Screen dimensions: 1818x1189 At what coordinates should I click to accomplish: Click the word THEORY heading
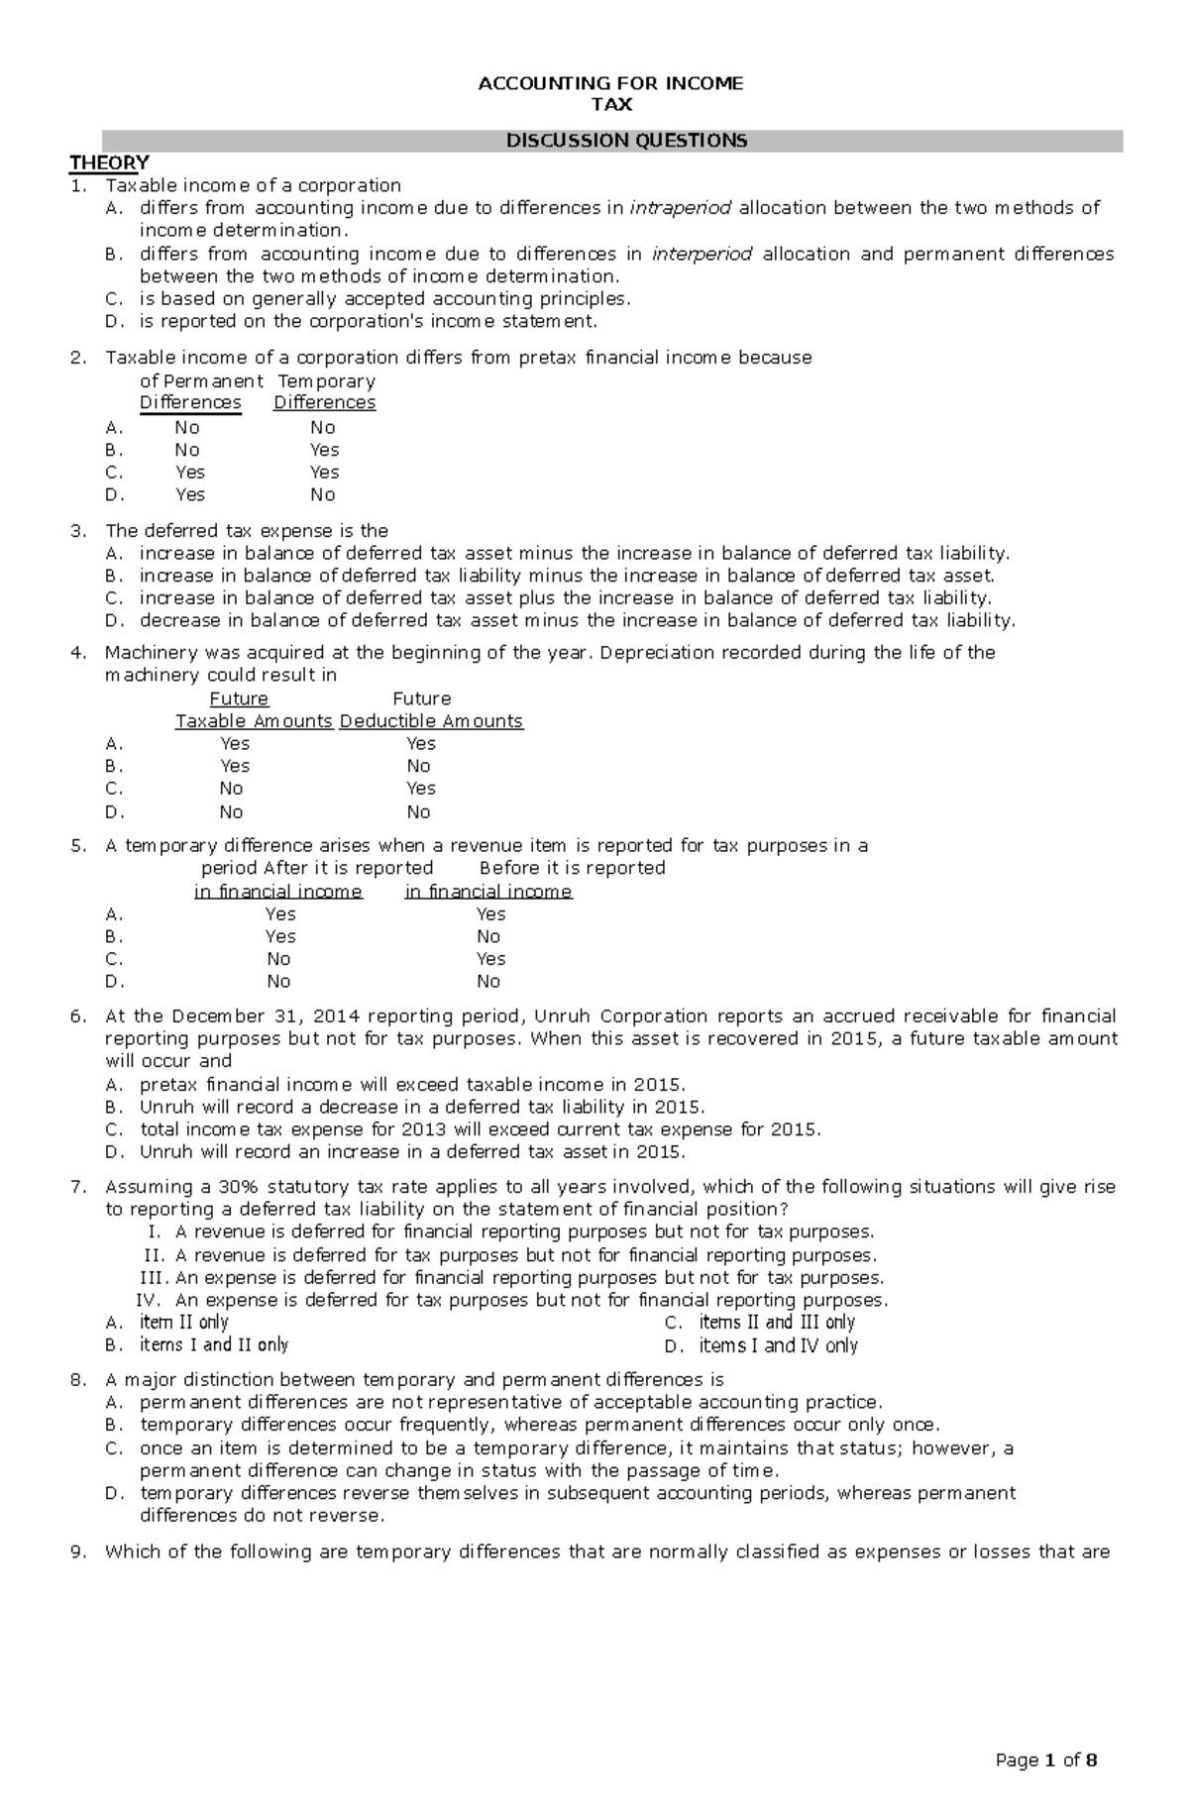tap(108, 162)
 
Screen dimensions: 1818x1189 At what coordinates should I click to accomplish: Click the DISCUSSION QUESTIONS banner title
tap(626, 141)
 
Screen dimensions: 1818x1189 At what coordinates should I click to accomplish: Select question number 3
tap(78, 531)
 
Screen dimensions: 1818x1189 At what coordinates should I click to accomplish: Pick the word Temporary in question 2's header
tap(327, 381)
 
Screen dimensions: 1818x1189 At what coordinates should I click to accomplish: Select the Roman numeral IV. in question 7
tap(147, 1300)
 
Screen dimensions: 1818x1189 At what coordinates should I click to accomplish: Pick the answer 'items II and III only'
tap(777, 1323)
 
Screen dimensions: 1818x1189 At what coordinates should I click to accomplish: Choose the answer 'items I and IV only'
tap(778, 1345)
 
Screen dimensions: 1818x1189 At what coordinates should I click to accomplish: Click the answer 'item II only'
tap(184, 1323)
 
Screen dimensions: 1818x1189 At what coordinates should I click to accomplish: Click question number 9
tap(78, 1552)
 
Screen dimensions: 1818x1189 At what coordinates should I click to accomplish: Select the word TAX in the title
tap(610, 104)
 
